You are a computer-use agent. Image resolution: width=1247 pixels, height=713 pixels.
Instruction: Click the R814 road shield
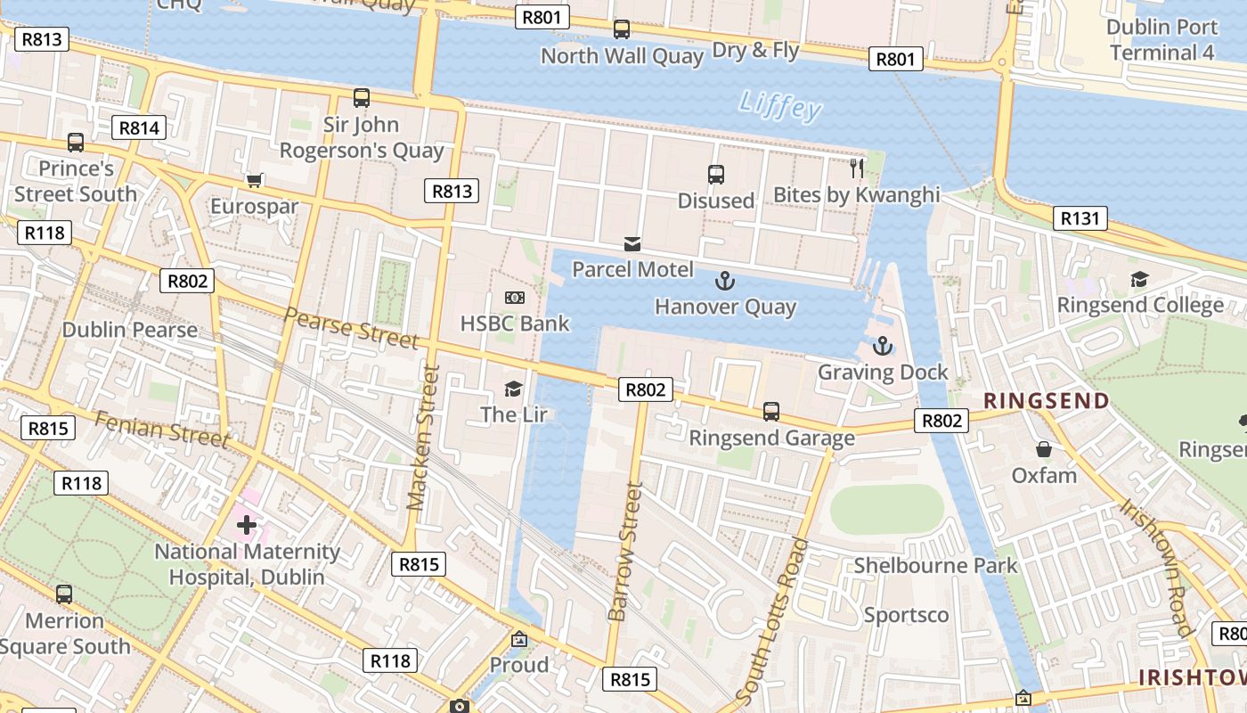tap(139, 127)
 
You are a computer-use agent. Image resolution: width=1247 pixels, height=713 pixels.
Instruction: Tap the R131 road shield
tap(1080, 218)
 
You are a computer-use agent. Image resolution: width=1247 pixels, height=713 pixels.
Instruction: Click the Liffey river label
tap(780, 105)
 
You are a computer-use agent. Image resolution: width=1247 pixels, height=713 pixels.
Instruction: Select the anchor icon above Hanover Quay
tap(725, 282)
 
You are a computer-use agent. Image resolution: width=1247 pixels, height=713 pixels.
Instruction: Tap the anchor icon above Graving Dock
tap(882, 346)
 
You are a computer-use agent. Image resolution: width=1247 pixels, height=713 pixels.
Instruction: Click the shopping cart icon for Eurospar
tap(254, 181)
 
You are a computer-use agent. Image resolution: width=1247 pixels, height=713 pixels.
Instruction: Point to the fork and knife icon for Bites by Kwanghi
tap(857, 168)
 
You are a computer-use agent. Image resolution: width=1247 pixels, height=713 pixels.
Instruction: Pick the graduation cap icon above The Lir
tap(513, 389)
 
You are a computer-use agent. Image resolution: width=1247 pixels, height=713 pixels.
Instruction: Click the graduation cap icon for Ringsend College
tap(1138, 280)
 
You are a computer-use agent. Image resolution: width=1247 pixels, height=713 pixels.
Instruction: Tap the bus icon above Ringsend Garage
tap(771, 412)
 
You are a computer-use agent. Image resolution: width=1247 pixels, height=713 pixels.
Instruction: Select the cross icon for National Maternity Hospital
tap(247, 525)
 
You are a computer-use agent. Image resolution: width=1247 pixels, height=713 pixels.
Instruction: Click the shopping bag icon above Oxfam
tap(1043, 449)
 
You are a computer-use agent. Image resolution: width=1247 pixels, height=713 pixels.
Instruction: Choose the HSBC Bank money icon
tap(514, 298)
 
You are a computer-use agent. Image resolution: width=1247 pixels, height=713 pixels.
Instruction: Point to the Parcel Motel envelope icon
tap(632, 243)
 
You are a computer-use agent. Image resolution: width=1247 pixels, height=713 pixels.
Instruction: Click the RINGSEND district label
tap(1047, 400)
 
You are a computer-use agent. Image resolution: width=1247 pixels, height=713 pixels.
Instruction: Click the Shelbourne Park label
tap(935, 565)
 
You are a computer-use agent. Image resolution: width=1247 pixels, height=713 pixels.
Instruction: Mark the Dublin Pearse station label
tap(130, 330)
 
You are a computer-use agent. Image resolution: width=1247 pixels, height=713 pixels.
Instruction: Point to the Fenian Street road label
tap(161, 430)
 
